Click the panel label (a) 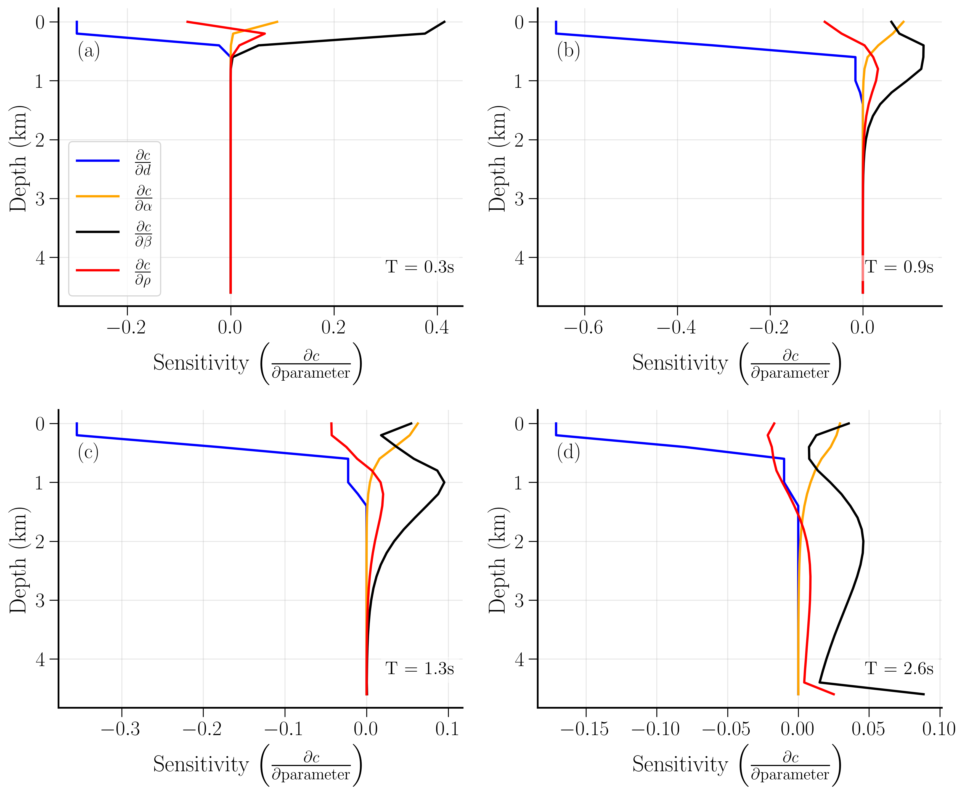point(88,50)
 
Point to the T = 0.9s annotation point(898,267)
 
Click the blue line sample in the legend point(97,161)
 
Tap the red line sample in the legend point(97,270)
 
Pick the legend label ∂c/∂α point(143,198)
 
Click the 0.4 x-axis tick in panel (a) point(437,327)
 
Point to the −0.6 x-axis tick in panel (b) point(584,327)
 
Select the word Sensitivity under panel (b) point(680,363)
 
